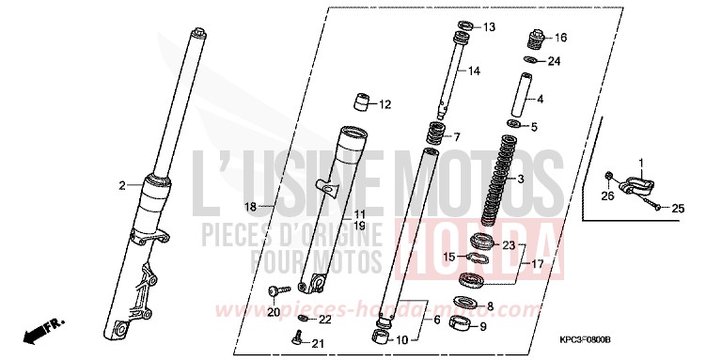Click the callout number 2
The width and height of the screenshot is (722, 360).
click(x=121, y=186)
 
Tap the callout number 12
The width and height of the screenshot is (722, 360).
click(x=385, y=104)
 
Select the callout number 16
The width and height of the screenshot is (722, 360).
click(x=561, y=39)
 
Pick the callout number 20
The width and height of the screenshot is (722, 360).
click(x=274, y=312)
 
